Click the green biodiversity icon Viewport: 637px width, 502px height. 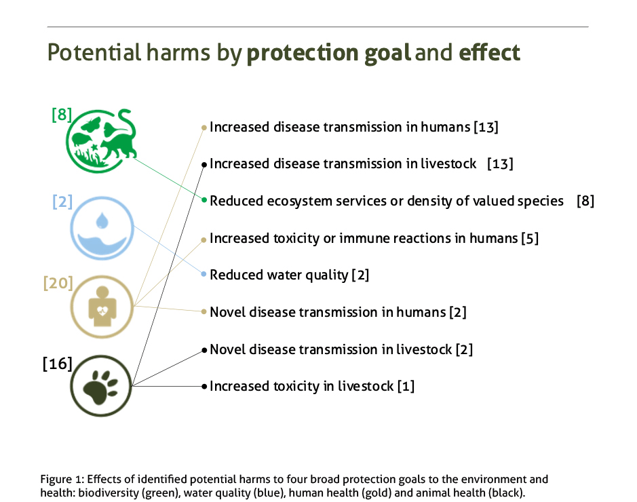point(101,140)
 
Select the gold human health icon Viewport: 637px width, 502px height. point(102,307)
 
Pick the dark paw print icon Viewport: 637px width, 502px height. point(101,386)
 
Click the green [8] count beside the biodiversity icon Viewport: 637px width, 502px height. point(62,115)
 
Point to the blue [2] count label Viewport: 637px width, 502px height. point(62,201)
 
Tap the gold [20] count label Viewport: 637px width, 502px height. point(58,283)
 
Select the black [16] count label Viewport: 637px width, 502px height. point(57,364)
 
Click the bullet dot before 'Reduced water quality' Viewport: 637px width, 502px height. point(204,275)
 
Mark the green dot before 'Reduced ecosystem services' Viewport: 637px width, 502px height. point(204,200)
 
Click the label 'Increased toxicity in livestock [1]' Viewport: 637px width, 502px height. point(312,386)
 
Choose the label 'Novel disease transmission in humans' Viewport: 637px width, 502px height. point(328,312)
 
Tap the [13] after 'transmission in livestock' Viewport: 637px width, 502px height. point(500,163)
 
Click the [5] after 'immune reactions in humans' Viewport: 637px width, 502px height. point(530,238)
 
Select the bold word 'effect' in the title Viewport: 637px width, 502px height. point(490,52)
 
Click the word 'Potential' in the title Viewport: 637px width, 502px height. point(94,53)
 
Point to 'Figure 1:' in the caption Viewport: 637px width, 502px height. point(62,479)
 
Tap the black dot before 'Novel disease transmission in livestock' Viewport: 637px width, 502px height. point(204,350)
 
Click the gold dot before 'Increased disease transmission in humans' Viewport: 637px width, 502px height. point(204,128)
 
